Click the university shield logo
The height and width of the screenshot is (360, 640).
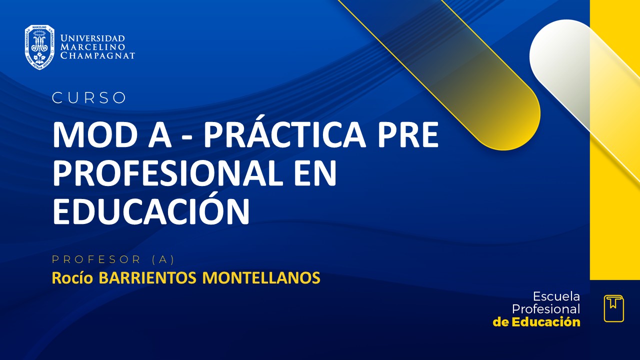coord(39,47)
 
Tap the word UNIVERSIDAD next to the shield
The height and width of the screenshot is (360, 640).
coord(92,38)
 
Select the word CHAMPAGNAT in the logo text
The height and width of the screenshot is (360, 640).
coord(97,55)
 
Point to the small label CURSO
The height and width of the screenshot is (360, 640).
coord(89,98)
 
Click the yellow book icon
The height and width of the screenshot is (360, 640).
coord(613,308)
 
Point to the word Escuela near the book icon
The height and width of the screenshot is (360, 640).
coord(556,296)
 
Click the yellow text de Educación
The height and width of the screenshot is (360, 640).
coord(536,322)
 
